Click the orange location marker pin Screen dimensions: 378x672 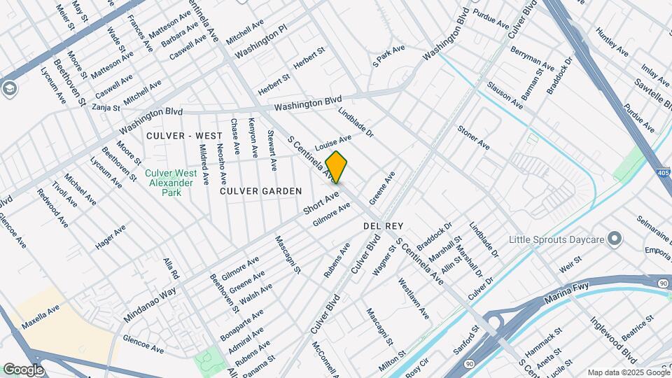[x=337, y=167]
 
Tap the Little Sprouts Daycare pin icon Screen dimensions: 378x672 [x=615, y=240]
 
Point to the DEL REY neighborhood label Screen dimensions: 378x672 [x=381, y=227]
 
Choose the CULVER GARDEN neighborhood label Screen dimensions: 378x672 [x=261, y=191]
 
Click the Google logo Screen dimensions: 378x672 [x=23, y=369]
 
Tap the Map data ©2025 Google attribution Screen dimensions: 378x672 [x=628, y=372]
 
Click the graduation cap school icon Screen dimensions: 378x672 [x=10, y=89]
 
